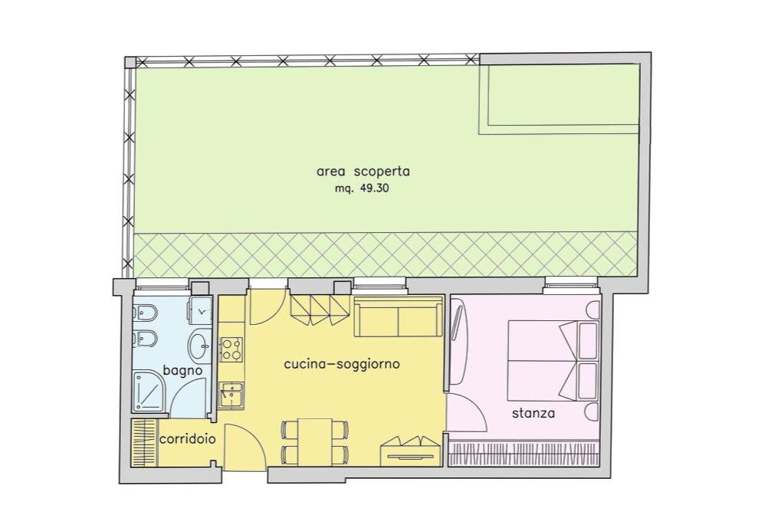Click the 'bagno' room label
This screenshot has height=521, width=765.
182,370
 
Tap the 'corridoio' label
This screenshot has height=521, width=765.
188,439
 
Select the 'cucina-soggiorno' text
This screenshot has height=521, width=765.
342,364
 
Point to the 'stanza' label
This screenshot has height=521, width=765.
534,414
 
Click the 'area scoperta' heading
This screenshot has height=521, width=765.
363,172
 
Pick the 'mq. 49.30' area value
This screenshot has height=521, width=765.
362,188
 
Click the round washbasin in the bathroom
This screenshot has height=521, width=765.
199,346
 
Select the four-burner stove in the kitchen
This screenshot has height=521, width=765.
231,349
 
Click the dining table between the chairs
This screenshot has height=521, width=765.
315,442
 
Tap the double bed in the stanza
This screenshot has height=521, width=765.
553,360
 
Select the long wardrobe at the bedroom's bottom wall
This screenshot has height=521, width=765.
524,453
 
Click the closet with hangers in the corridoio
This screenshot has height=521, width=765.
144,442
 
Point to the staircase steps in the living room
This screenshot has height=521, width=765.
320,310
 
